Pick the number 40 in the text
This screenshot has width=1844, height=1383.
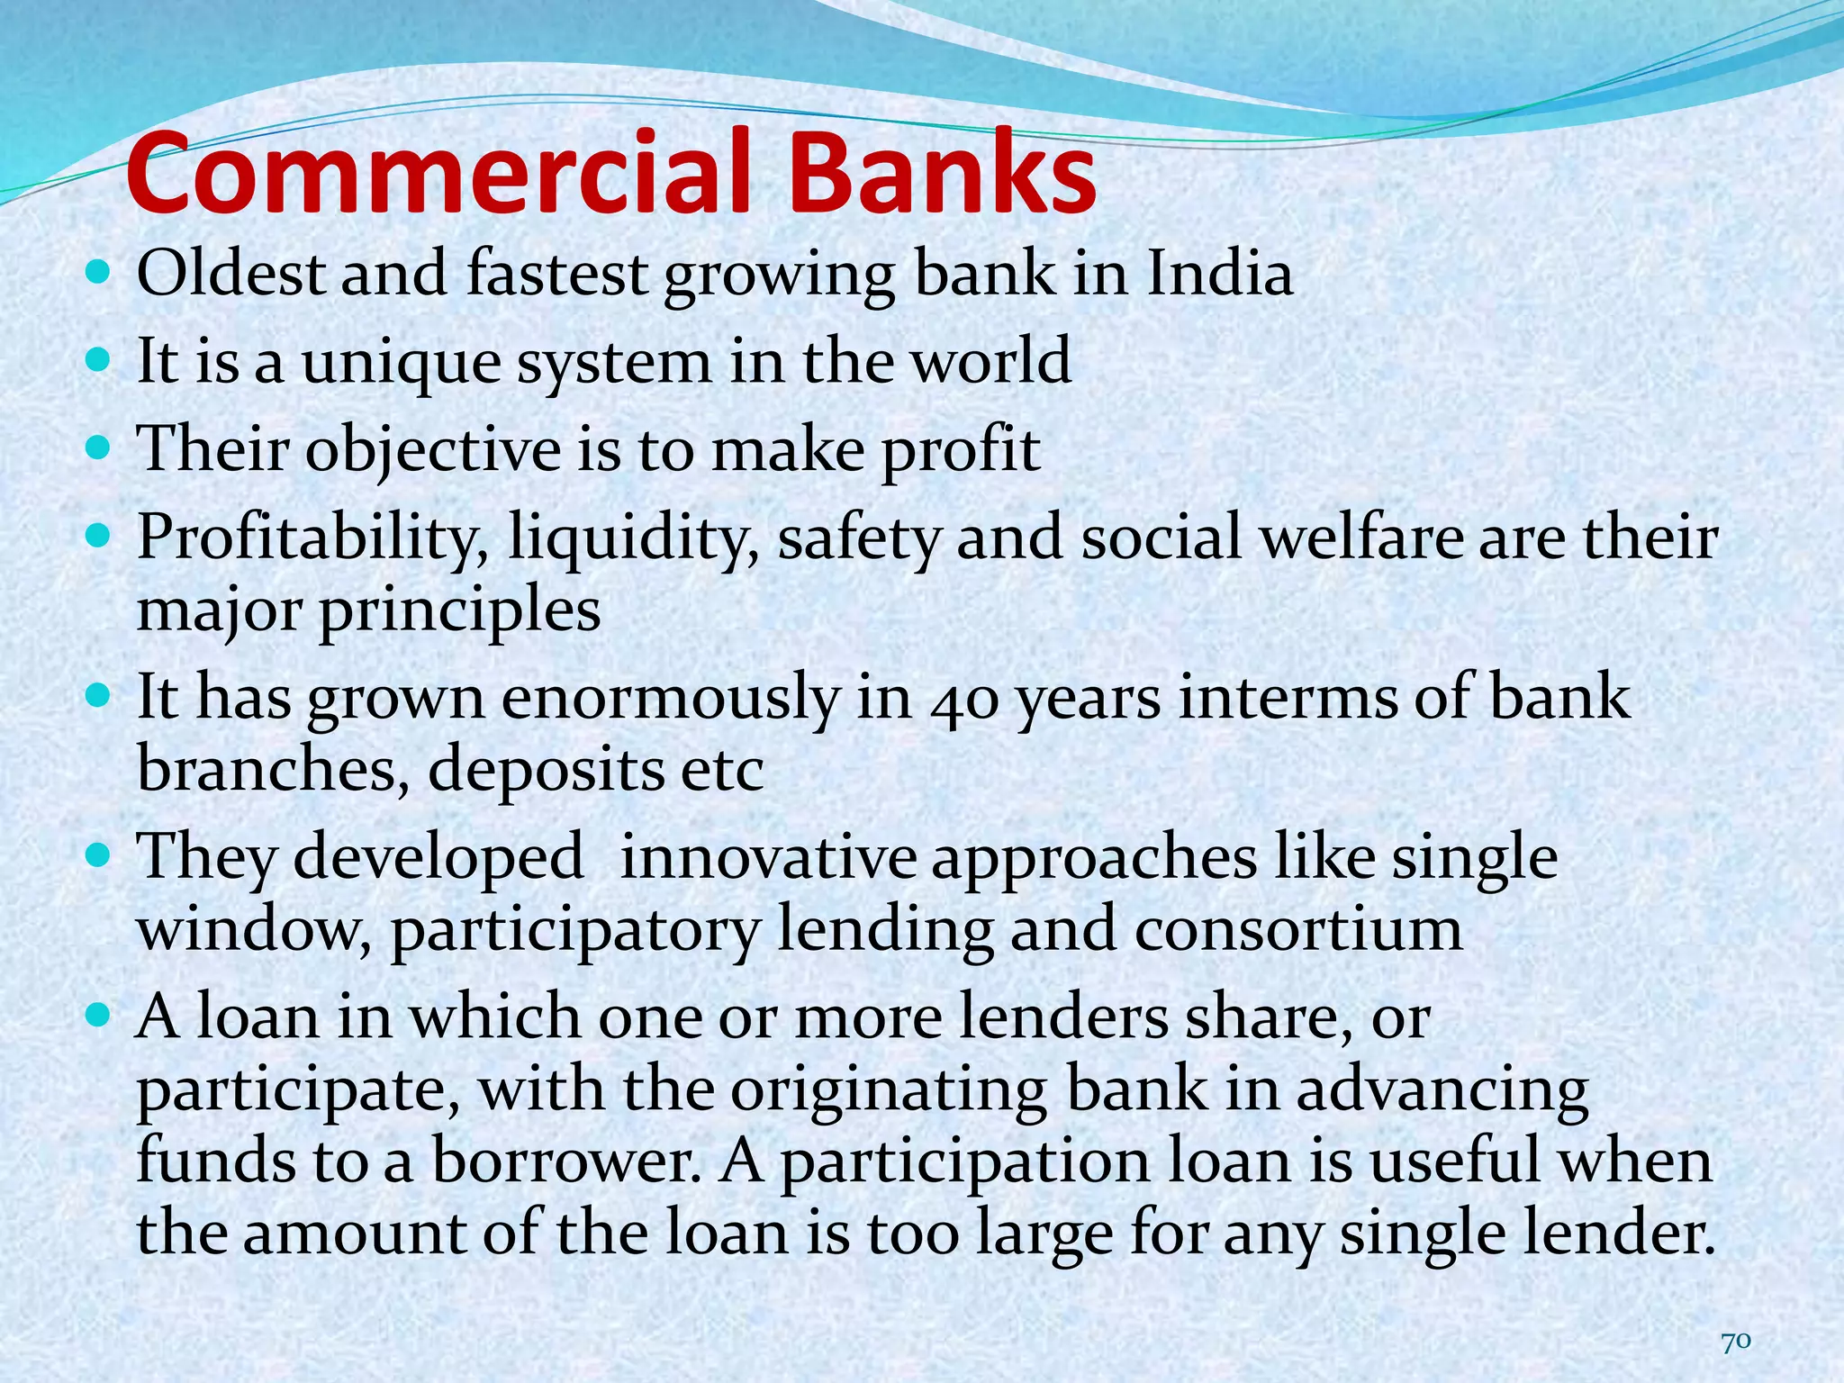[x=963, y=700]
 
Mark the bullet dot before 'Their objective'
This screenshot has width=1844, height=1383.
[x=99, y=445]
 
